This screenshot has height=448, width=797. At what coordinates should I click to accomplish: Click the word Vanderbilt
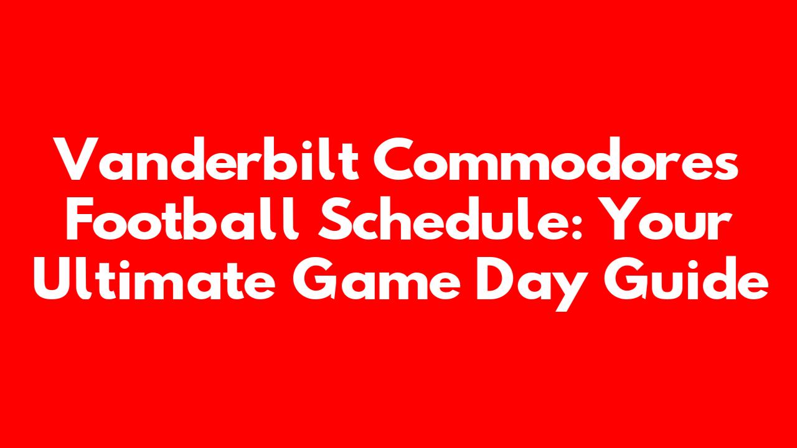click(x=206, y=159)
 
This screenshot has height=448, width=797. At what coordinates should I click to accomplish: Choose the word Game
click(x=377, y=278)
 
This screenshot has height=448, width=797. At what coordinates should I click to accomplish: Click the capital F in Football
click(x=80, y=218)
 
